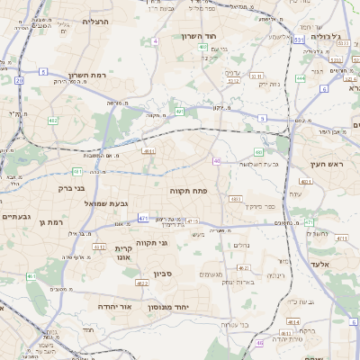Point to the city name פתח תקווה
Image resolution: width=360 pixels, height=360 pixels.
[188, 191]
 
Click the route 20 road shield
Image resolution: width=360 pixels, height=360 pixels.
[20, 80]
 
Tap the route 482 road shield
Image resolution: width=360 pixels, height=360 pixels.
[53, 120]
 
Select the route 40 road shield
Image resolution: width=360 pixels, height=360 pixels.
[217, 161]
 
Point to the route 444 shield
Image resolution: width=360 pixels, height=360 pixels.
[300, 77]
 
